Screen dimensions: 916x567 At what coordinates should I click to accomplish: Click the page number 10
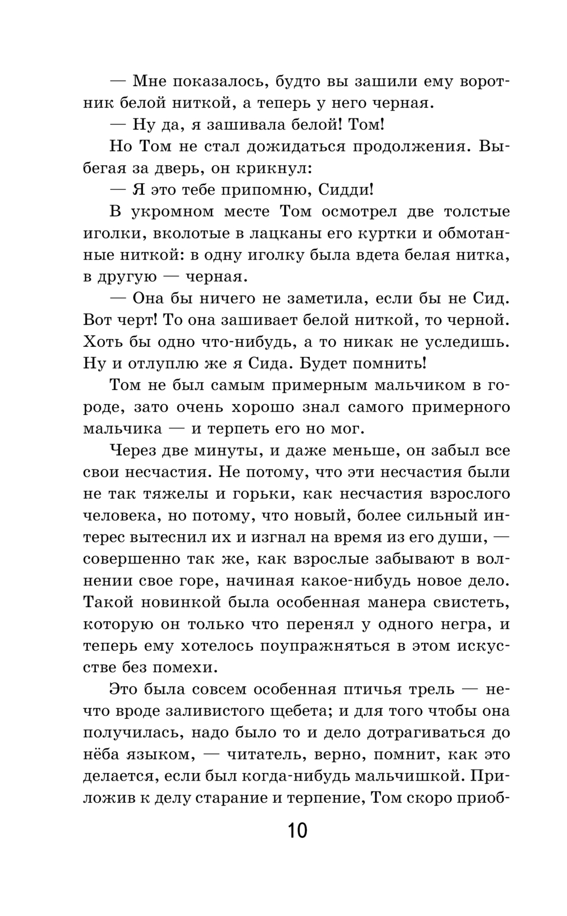coord(297,831)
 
